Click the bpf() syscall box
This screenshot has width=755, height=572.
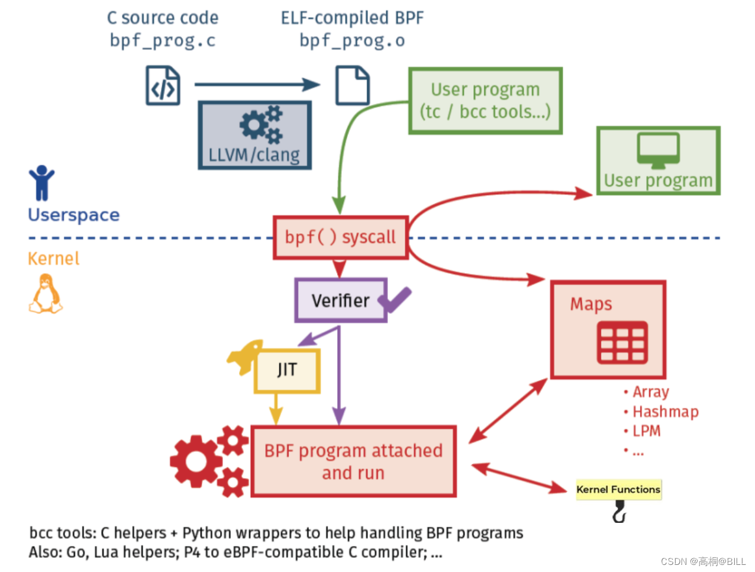[340, 237]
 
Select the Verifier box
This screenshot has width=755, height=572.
[340, 300]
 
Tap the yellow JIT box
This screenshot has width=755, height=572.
[287, 370]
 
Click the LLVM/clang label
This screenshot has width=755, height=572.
[254, 155]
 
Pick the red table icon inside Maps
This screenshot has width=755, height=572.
[622, 342]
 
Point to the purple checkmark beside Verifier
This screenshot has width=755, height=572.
[395, 300]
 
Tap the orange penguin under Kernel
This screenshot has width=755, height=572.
[46, 294]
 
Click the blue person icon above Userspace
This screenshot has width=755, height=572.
[41, 183]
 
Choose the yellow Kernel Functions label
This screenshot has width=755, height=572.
[618, 490]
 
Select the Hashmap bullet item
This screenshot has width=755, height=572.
[665, 412]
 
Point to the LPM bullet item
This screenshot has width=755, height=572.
[646, 431]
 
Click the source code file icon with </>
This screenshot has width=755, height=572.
[163, 86]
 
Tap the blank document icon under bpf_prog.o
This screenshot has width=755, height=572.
[353, 86]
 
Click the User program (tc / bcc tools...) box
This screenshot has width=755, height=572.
[485, 101]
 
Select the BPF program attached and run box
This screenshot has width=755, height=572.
[353, 461]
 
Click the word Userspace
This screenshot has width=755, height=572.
[74, 214]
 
